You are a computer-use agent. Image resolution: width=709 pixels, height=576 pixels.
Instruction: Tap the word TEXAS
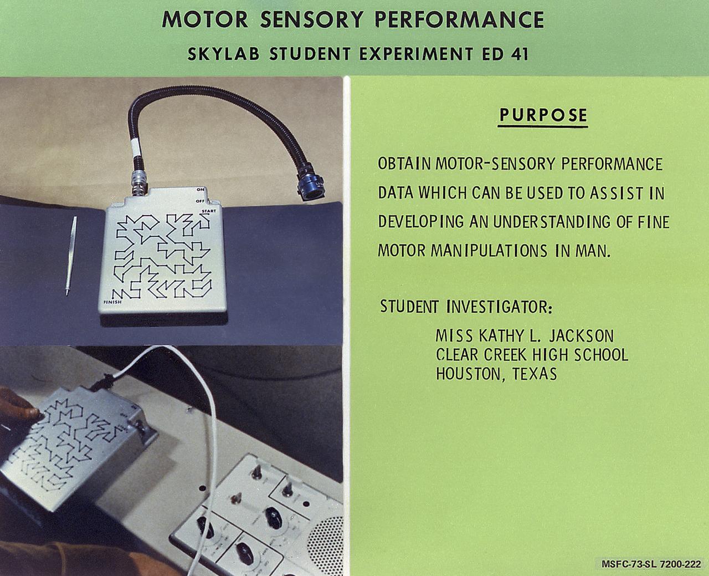tap(535, 374)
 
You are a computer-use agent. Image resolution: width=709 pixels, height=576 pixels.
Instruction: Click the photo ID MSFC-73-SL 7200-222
tap(651, 564)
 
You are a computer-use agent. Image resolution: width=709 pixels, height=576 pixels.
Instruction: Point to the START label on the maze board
tap(209, 211)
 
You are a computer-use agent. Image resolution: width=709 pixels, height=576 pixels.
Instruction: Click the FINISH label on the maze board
tap(113, 302)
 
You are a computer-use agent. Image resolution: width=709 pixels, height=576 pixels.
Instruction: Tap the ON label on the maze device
tap(201, 190)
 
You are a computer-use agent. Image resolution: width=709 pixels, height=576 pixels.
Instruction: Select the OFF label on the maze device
tap(200, 201)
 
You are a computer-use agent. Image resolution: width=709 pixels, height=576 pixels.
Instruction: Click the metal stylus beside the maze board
tap(71, 255)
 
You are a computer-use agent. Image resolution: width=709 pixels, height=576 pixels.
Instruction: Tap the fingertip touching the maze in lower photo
tap(34, 413)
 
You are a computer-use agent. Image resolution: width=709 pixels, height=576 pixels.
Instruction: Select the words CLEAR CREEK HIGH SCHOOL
tap(532, 355)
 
